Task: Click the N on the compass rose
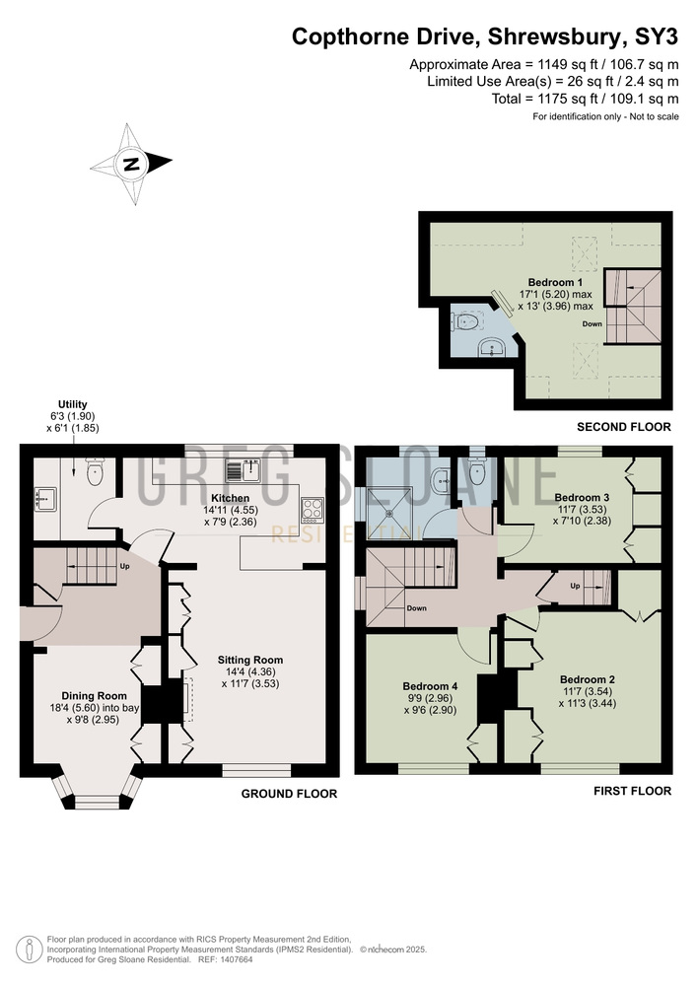[x=131, y=164]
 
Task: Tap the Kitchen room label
[x=230, y=498]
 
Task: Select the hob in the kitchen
[x=313, y=510]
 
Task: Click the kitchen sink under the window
[x=244, y=470]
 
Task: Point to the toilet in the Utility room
[x=95, y=471]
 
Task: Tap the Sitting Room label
[x=250, y=661]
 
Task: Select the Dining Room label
[x=94, y=696]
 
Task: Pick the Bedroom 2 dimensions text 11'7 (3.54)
[x=587, y=692]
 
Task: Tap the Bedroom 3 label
[x=582, y=497]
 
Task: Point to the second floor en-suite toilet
[x=465, y=322]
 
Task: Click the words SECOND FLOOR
[x=624, y=427]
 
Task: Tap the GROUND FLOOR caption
[x=289, y=794]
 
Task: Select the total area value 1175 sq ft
[x=560, y=99]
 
